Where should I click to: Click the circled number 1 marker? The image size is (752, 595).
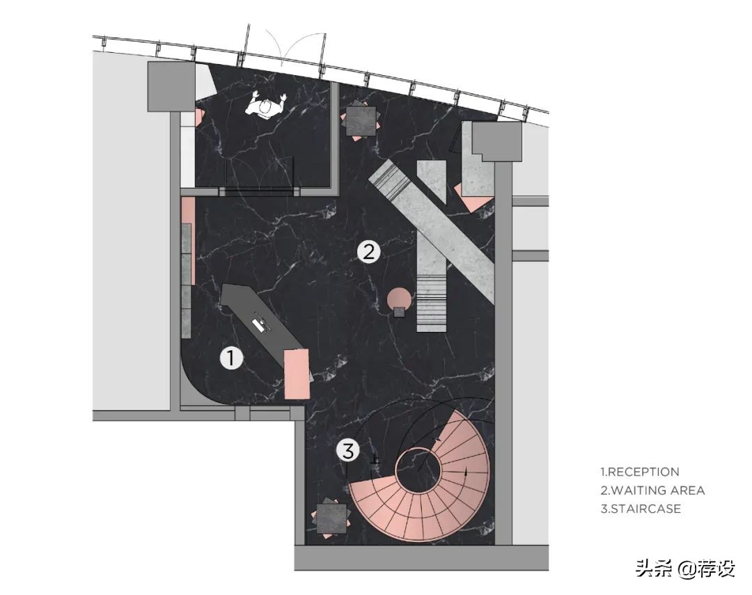pyautogui.click(x=231, y=358)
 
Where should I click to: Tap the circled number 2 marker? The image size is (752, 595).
pyautogui.click(x=368, y=251)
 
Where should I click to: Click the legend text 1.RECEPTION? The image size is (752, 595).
pyautogui.click(x=640, y=472)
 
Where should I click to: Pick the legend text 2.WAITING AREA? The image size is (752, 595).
pyautogui.click(x=652, y=491)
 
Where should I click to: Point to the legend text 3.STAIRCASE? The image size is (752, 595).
pyautogui.click(x=641, y=509)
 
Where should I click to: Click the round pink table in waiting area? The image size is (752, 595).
pyautogui.click(x=399, y=299)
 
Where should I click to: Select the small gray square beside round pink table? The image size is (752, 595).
pyautogui.click(x=399, y=312)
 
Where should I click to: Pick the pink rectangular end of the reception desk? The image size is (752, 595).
pyautogui.click(x=297, y=374)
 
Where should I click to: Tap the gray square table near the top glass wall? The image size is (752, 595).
pyautogui.click(x=361, y=121)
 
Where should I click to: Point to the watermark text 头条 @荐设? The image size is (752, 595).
pyautogui.click(x=685, y=569)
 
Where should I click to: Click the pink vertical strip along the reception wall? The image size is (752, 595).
pyautogui.click(x=187, y=239)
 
